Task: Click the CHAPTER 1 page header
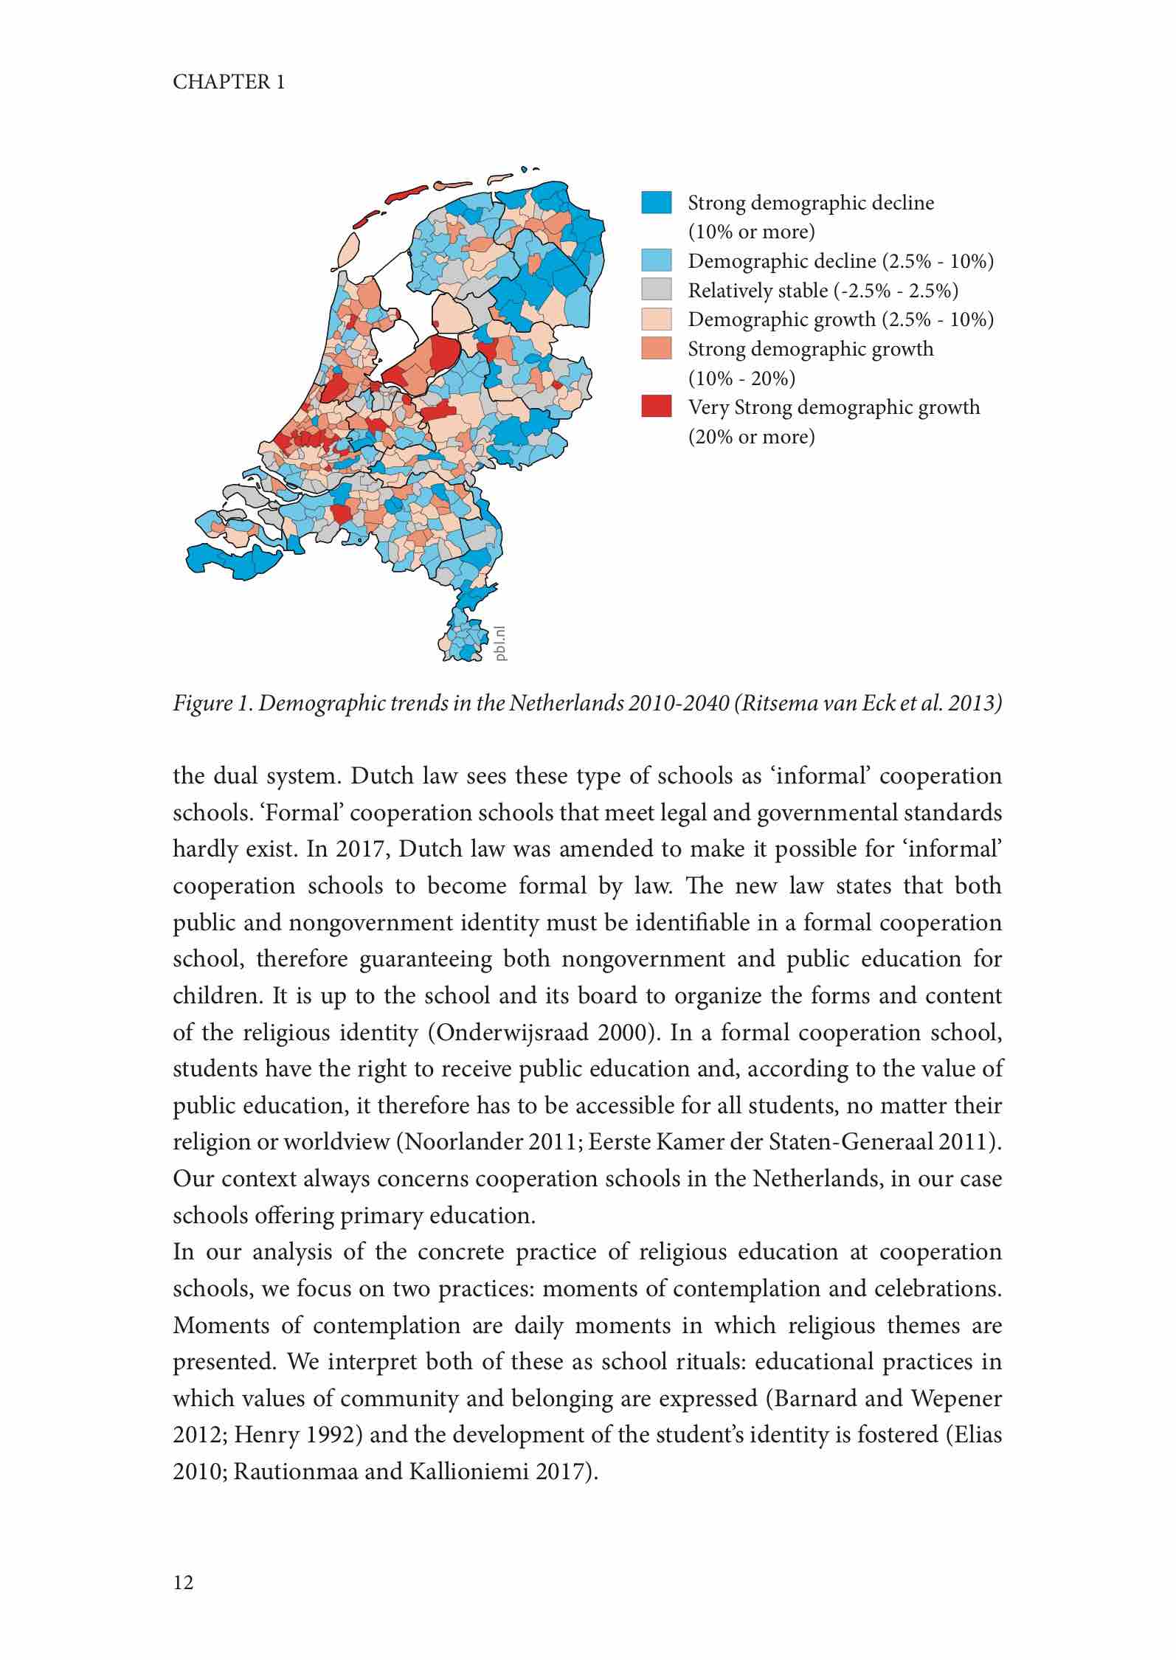(229, 82)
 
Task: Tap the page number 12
(183, 1582)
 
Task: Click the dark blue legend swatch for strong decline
(656, 203)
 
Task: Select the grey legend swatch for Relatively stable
(656, 290)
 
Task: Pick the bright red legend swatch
(656, 407)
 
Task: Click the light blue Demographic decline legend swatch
(656, 260)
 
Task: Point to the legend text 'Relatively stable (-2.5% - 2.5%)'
(823, 291)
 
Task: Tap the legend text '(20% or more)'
(751, 437)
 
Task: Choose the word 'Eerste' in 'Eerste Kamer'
(618, 1142)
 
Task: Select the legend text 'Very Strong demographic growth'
(834, 407)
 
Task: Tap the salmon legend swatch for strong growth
(656, 348)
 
